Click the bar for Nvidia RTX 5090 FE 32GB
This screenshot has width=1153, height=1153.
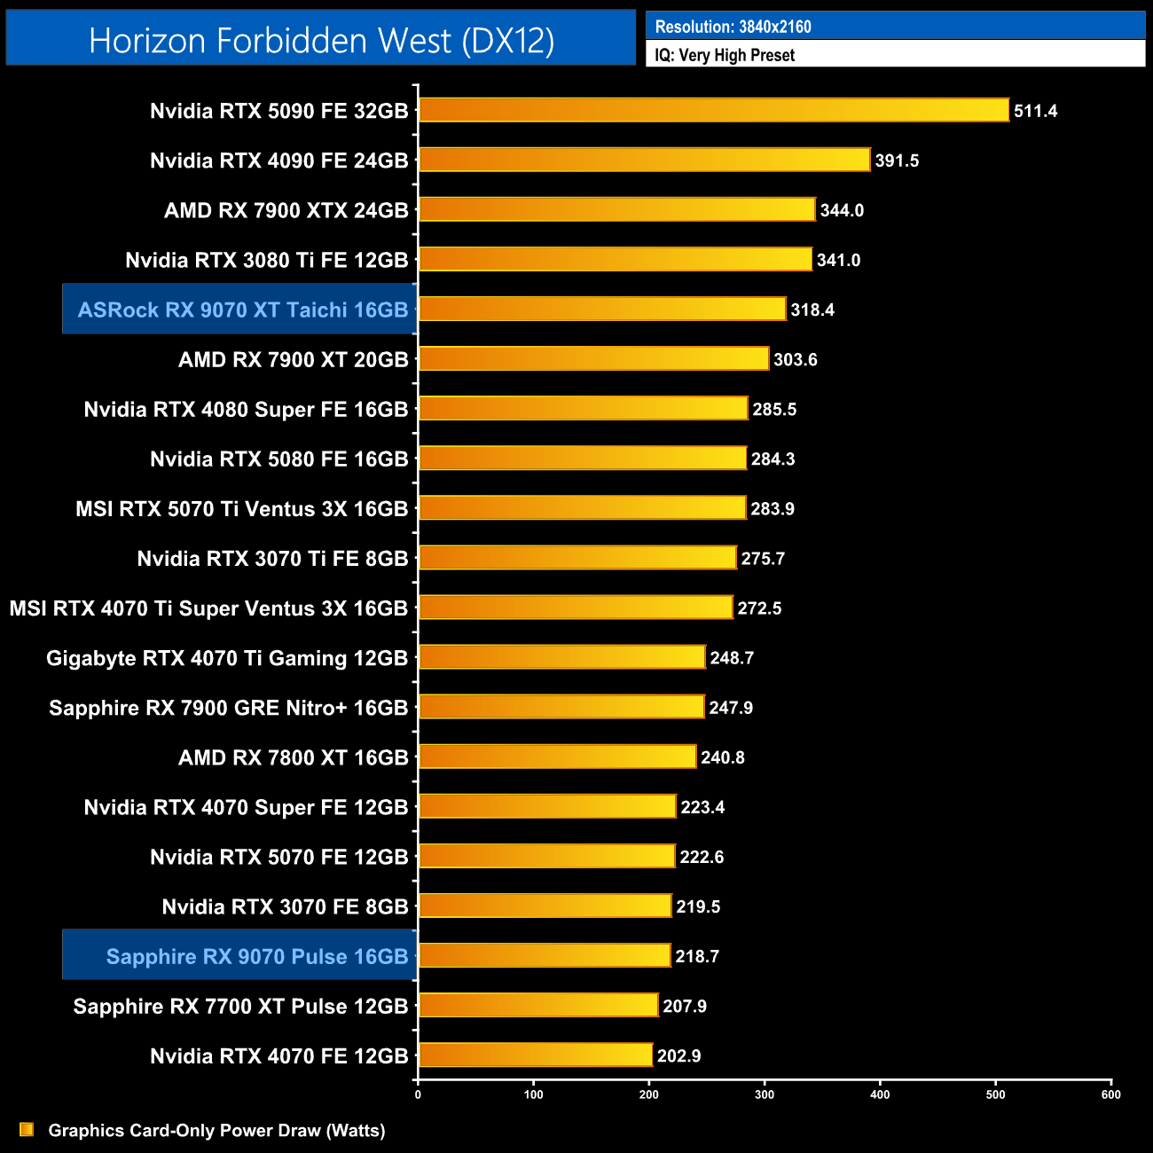(x=713, y=110)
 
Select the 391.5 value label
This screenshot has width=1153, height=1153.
(x=897, y=161)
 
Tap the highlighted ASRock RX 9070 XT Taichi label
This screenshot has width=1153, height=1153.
(x=242, y=310)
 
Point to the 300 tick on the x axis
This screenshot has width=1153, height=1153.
(x=765, y=1094)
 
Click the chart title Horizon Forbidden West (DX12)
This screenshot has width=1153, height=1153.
(x=321, y=40)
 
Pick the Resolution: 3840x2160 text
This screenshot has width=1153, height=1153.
(x=733, y=27)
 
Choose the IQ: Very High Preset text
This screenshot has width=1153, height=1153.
(x=724, y=55)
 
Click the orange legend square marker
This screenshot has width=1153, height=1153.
(x=27, y=1129)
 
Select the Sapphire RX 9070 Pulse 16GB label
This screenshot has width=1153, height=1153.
(x=256, y=956)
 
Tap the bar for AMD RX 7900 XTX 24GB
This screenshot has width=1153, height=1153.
(x=616, y=209)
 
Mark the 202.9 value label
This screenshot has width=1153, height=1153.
(x=678, y=1055)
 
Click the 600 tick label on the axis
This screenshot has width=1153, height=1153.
(x=1110, y=1094)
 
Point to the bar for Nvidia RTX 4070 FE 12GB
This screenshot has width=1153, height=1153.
(x=535, y=1055)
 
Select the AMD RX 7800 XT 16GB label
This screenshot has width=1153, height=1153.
(x=293, y=757)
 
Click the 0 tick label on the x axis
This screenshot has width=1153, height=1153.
(x=418, y=1094)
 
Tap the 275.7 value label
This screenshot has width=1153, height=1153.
(x=763, y=558)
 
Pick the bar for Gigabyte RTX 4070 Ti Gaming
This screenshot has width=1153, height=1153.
(x=561, y=657)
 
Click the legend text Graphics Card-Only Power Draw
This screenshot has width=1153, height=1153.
(x=216, y=1130)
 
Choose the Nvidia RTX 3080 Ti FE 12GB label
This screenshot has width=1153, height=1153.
(x=266, y=260)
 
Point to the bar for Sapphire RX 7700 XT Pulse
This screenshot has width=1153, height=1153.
(x=537, y=1005)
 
